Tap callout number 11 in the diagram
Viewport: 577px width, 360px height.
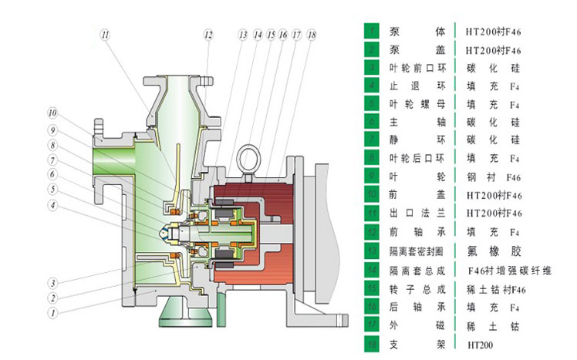(106, 34)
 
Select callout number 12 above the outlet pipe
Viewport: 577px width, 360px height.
(208, 34)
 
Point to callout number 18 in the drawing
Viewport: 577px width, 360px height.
(311, 35)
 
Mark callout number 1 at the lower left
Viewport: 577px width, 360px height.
(52, 314)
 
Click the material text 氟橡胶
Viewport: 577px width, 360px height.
(494, 251)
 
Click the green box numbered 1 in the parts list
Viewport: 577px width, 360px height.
(373, 31)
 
